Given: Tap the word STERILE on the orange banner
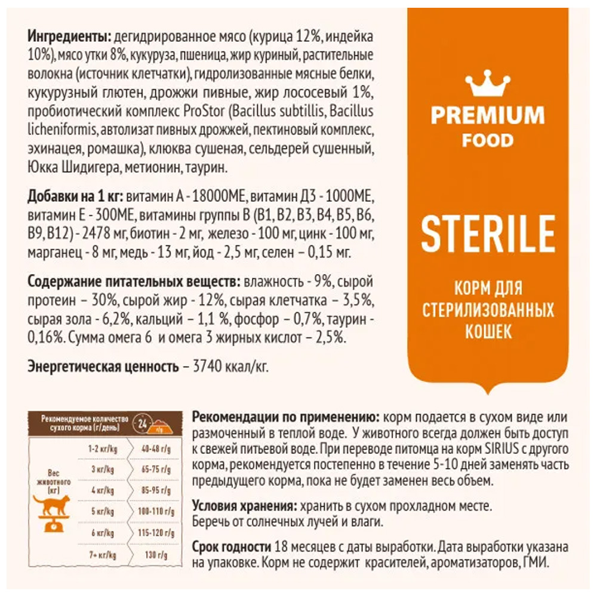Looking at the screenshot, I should pyautogui.click(x=488, y=233).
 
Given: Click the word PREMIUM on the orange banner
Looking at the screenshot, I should pyautogui.click(x=488, y=115).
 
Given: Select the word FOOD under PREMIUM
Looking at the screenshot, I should pyautogui.click(x=488, y=140).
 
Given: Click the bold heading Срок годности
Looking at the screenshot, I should pyautogui.click(x=231, y=547).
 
